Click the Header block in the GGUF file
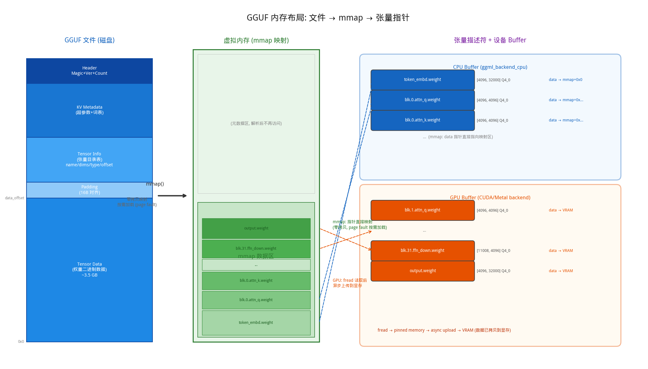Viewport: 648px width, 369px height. [x=89, y=71]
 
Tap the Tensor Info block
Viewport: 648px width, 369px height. [x=89, y=159]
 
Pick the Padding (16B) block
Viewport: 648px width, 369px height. [x=89, y=190]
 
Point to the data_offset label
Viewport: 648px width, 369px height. [x=15, y=198]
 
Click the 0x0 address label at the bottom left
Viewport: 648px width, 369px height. [x=21, y=342]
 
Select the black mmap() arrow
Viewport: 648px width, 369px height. [x=172, y=196]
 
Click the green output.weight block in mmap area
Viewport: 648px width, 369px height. [x=256, y=228]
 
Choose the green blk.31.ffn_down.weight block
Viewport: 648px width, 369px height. [x=256, y=248]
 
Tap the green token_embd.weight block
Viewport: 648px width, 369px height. [x=256, y=323]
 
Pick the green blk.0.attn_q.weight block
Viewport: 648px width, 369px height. [x=256, y=300]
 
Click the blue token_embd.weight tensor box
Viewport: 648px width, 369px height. [x=423, y=80]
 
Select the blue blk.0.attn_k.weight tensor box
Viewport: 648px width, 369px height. [x=423, y=120]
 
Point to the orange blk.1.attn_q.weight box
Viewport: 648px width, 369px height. [x=423, y=210]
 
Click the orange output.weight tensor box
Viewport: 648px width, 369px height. [x=423, y=271]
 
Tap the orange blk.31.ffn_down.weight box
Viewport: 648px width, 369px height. [x=423, y=251]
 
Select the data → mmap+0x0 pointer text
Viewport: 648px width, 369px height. [x=565, y=80]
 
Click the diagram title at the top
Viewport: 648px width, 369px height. [x=328, y=18]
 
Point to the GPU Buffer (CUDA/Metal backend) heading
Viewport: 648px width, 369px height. [x=490, y=197]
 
